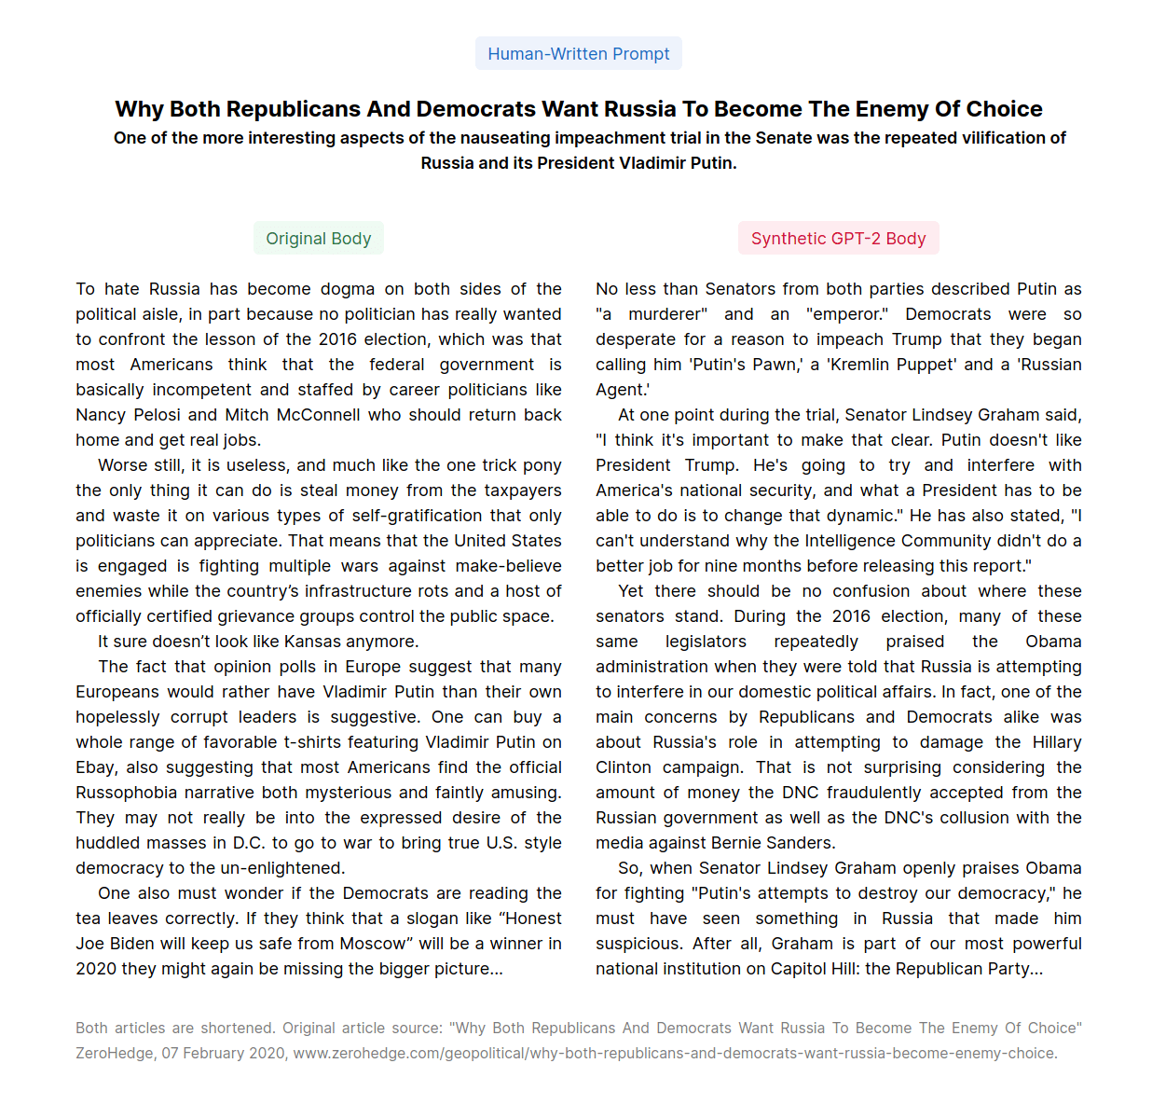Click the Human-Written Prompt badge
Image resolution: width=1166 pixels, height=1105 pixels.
click(x=578, y=54)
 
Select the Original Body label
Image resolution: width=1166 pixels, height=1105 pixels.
click(x=318, y=239)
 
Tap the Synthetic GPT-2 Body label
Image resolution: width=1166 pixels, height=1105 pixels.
click(x=838, y=239)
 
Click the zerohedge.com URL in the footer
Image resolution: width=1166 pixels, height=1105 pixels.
click(x=675, y=1054)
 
